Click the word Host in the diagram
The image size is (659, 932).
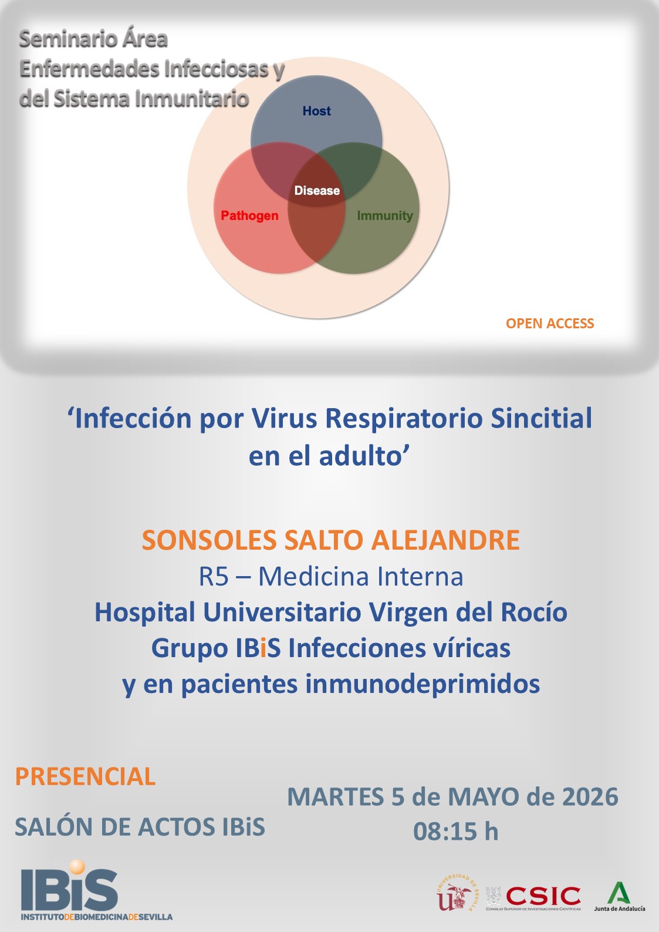(x=316, y=111)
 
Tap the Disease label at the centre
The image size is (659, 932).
(x=317, y=190)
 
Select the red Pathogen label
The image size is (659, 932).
(x=249, y=216)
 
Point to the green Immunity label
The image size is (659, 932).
(x=384, y=216)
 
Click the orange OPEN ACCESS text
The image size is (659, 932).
(x=549, y=324)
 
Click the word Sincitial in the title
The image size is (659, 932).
(x=541, y=419)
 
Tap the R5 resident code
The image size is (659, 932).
(x=214, y=577)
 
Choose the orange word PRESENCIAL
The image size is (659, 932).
(x=85, y=776)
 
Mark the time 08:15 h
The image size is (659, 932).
(x=455, y=832)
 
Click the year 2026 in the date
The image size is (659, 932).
(x=590, y=797)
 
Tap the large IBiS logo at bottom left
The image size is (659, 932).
(x=70, y=888)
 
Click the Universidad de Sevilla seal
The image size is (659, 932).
(x=457, y=894)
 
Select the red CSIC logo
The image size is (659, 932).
(x=543, y=896)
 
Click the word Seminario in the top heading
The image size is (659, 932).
(x=61, y=39)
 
